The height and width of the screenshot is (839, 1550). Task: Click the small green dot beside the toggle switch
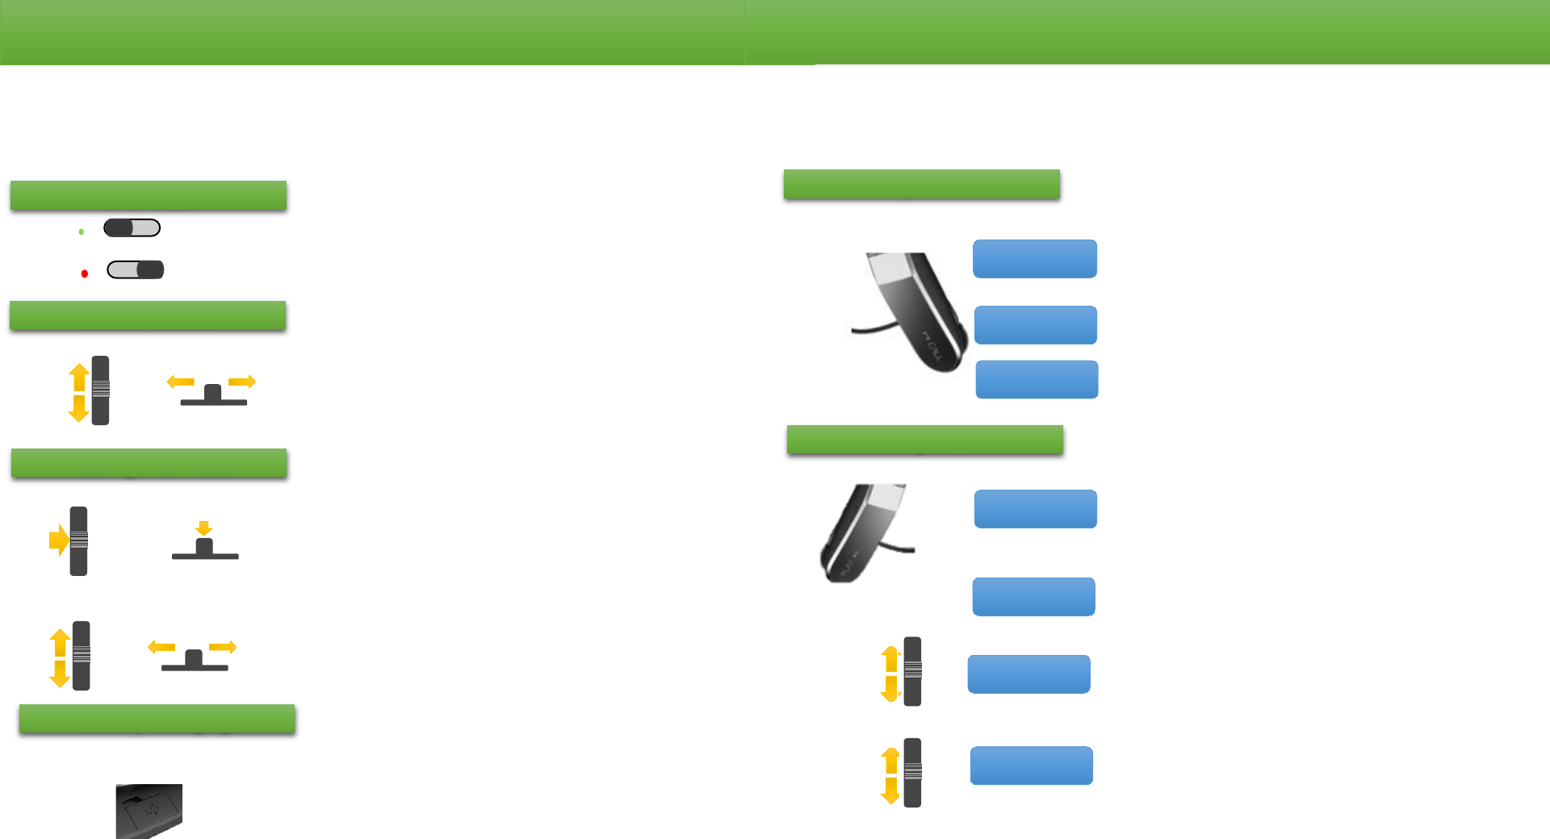[82, 232]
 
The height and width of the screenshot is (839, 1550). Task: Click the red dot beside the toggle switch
[85, 273]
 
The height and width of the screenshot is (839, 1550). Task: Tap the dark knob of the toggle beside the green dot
[119, 228]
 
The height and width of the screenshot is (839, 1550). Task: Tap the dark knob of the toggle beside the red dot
[150, 269]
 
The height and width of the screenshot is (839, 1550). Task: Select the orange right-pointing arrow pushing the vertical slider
[58, 540]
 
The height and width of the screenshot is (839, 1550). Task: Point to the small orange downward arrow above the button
[204, 528]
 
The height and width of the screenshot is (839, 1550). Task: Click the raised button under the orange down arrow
[204, 548]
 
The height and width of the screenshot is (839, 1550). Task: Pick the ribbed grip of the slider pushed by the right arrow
[79, 540]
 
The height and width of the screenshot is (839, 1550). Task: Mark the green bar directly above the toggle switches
[149, 195]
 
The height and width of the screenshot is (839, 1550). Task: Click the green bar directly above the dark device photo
[157, 718]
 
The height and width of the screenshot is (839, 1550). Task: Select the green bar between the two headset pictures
[924, 440]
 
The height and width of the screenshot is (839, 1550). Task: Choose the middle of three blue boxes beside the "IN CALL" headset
[1035, 325]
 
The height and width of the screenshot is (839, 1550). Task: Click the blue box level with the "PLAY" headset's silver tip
[1035, 509]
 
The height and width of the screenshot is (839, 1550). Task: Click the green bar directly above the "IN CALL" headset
[921, 184]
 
